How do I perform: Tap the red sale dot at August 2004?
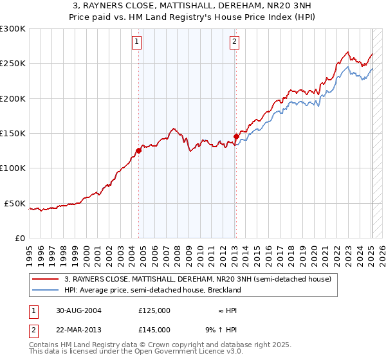139,151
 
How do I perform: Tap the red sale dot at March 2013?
236,136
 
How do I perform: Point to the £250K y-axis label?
13,64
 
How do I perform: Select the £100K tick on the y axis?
13,168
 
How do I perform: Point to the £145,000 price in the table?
154,329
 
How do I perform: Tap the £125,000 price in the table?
154,310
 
